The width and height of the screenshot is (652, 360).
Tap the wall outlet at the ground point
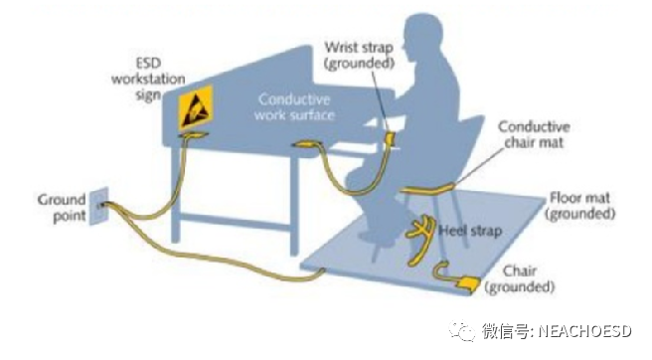click(x=100, y=205)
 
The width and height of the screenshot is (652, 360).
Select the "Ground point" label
click(x=62, y=207)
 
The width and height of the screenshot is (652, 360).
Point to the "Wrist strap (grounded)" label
click(x=360, y=56)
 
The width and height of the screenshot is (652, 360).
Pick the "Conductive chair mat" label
click(x=534, y=135)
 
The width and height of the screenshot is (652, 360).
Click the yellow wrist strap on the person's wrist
click(x=391, y=134)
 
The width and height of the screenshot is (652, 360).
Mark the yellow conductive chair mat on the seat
click(x=427, y=187)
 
